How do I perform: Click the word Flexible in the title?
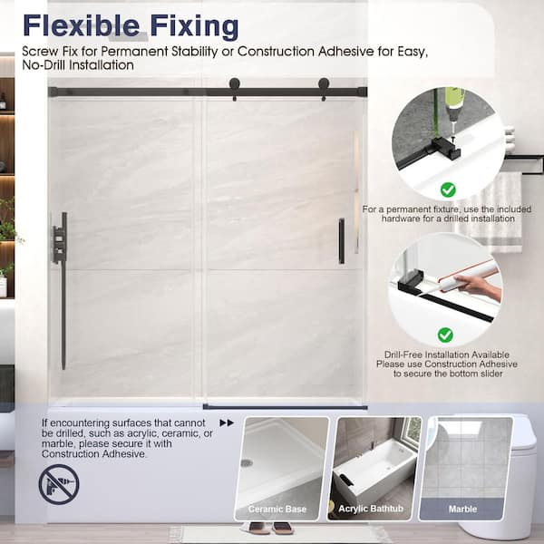click(82, 25)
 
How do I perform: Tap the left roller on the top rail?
click(235, 88)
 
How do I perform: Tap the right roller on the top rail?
click(324, 88)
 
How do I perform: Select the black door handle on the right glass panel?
click(342, 241)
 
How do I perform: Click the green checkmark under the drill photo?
click(448, 189)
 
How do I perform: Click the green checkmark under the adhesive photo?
click(445, 335)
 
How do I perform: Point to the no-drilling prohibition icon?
click(59, 484)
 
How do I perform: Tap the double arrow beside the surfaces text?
click(227, 423)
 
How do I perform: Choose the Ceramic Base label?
click(277, 509)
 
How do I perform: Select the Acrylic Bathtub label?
click(371, 509)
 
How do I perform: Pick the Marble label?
click(462, 509)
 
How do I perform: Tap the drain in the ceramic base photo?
click(247, 462)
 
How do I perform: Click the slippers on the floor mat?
click(266, 528)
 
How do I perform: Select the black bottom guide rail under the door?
click(285, 407)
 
